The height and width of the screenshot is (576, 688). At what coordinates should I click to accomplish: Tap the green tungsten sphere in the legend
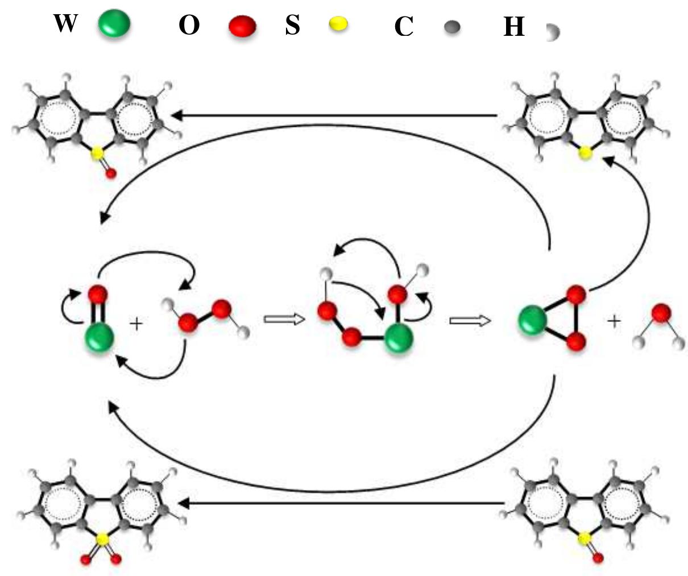pos(114,23)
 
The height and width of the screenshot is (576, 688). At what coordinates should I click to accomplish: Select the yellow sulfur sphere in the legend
pos(338,24)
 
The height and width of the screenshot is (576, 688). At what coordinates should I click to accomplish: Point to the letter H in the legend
pos(514,26)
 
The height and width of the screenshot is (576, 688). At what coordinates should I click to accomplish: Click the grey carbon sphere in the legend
pos(452,27)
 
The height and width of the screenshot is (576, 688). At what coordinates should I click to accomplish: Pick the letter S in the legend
pos(293,25)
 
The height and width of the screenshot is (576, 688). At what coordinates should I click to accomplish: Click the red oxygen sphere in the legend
pos(243,26)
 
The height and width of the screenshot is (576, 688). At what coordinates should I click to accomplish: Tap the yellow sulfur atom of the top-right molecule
pos(585,154)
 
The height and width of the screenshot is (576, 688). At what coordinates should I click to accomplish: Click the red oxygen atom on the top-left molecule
pos(111,173)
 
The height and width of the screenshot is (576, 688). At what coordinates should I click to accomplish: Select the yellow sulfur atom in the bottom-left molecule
pos(102,539)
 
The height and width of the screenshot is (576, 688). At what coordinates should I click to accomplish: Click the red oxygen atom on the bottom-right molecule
pos(598,558)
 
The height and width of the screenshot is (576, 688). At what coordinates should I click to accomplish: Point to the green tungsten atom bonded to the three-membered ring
pos(532,320)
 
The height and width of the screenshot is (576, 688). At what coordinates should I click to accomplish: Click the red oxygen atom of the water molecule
pos(661,313)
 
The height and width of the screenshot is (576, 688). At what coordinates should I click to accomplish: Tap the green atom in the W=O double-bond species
pos(100,337)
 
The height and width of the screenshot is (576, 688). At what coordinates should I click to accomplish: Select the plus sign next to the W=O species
pos(136,324)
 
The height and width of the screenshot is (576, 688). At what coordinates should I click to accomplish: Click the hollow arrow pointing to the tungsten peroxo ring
pos(470,321)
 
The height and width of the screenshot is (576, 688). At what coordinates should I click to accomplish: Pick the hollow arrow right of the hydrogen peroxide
pos(285,319)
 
